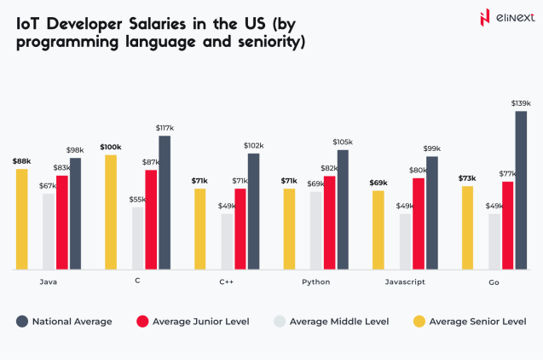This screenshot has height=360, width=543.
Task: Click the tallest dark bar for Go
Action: (521, 190)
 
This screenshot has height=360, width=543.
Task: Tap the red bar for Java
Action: (62, 222)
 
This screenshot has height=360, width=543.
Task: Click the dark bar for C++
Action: (253, 211)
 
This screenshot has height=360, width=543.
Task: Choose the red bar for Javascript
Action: (419, 224)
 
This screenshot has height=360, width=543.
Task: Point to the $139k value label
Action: (521, 103)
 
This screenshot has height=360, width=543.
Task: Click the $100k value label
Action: (110, 147)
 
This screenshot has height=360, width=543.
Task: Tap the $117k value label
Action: (165, 128)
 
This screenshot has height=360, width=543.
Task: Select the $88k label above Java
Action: (21, 161)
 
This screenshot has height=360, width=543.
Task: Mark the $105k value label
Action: (343, 142)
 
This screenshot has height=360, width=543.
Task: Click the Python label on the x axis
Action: (315, 282)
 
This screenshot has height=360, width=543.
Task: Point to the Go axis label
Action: (494, 282)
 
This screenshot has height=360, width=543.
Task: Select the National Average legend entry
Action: (72, 322)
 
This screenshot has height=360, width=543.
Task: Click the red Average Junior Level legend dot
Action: (142, 322)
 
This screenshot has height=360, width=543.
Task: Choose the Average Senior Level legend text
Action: (477, 322)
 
